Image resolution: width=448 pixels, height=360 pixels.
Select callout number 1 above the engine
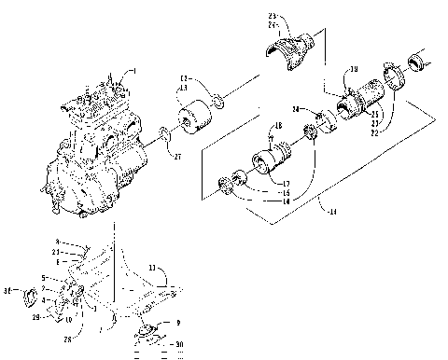click(133, 72)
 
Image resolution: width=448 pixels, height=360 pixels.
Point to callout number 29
click(37, 318)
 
